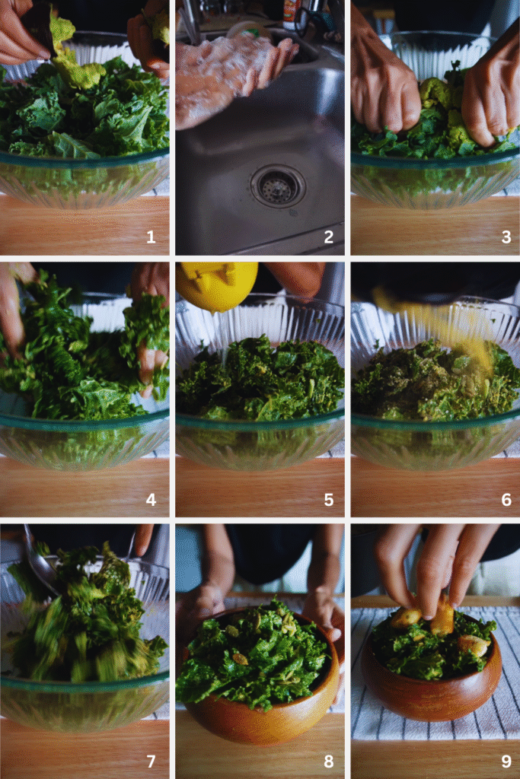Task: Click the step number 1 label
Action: pyautogui.click(x=151, y=237)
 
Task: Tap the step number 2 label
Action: pyautogui.click(x=328, y=237)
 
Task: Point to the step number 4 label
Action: pyautogui.click(x=151, y=500)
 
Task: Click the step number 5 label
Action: pyautogui.click(x=328, y=500)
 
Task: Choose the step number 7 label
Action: pyautogui.click(x=151, y=762)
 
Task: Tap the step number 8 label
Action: pyautogui.click(x=328, y=762)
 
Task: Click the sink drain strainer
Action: pyautogui.click(x=278, y=186)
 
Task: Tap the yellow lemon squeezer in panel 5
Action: pyautogui.click(x=216, y=285)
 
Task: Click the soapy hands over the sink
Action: pyautogui.click(x=228, y=72)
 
